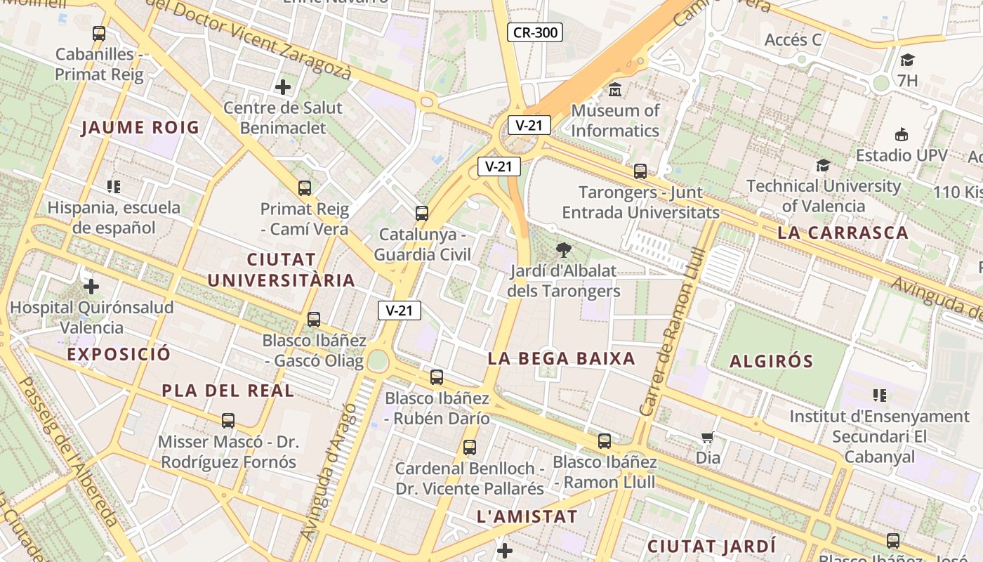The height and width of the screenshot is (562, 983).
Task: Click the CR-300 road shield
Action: point(535,32)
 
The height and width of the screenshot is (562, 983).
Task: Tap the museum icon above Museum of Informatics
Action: point(615,90)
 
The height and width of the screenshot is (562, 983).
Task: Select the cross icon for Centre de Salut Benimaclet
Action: point(283,87)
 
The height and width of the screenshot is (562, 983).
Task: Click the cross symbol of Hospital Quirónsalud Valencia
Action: point(91,287)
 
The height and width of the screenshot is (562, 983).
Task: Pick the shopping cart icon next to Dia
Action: point(708,438)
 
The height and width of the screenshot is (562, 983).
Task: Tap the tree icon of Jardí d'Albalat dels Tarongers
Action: point(563,250)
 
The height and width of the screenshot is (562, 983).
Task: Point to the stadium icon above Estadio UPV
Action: point(902,134)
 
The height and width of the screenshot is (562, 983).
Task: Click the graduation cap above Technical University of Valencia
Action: point(823,166)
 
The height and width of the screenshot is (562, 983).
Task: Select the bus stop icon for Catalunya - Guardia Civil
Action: point(422,214)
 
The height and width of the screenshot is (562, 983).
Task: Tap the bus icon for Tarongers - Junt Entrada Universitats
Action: point(640,171)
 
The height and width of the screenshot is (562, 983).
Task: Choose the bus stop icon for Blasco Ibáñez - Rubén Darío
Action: point(437,377)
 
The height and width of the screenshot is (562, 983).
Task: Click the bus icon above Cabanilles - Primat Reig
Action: point(99,33)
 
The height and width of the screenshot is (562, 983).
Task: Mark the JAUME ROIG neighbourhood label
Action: point(140,127)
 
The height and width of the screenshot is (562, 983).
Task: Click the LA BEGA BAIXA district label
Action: point(561,358)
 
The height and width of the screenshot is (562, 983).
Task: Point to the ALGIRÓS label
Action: point(771,361)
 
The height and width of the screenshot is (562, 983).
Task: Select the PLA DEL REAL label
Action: point(228,391)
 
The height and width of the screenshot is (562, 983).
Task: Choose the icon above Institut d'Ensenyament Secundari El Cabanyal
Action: point(879,396)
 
